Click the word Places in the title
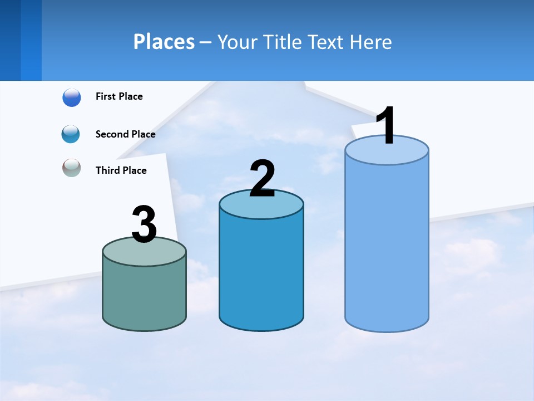(x=164, y=42)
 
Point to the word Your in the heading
(x=237, y=42)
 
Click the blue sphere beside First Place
(x=72, y=97)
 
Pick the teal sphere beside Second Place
(x=71, y=134)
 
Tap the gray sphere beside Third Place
(x=72, y=168)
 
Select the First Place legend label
(x=119, y=96)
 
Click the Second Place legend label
(x=125, y=134)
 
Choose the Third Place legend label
(x=121, y=170)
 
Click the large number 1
(x=385, y=126)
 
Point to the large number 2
(x=262, y=179)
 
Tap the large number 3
(x=144, y=224)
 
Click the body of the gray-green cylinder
(x=144, y=295)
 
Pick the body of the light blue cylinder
(x=387, y=245)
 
